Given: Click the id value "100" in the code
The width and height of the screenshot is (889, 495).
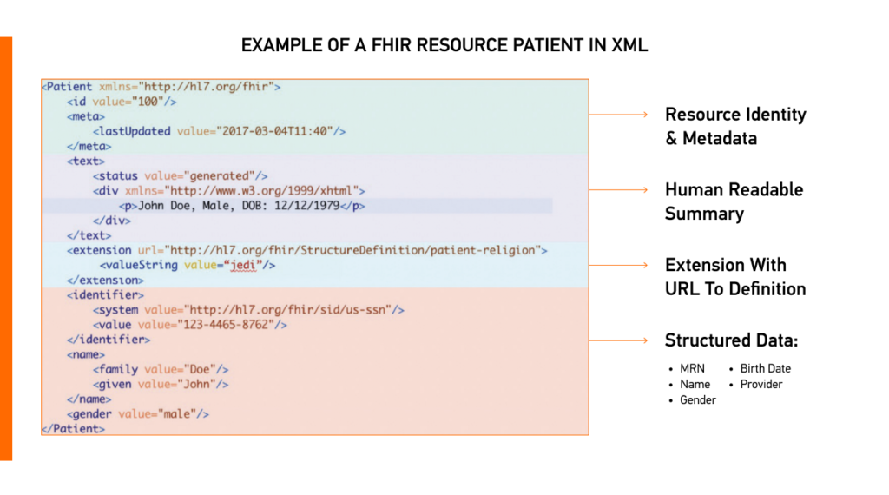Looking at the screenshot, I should point(151,102).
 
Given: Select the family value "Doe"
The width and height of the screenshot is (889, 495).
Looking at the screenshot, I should point(204,369).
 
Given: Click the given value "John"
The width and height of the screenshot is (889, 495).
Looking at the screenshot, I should point(205,384).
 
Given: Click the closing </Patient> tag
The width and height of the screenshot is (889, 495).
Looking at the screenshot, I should point(73,429).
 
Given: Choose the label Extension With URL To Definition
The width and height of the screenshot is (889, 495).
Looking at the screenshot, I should point(734,276).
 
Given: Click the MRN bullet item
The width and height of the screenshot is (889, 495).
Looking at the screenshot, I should point(692,368).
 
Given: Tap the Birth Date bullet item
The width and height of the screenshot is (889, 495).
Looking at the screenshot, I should point(765,368).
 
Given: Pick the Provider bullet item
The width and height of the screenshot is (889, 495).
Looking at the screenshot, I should point(761,384).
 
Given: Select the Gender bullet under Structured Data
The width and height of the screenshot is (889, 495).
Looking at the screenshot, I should point(698,399).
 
